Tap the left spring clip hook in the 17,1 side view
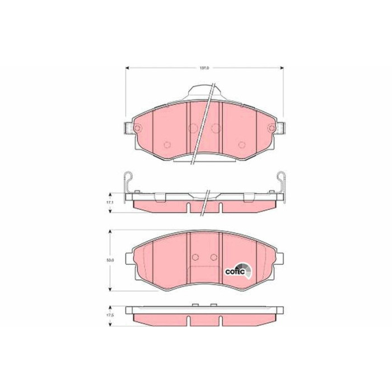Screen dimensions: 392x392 tap(128, 179)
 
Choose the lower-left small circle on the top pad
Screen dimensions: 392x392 tap(166, 145)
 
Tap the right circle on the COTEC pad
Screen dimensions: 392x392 tap(213, 258)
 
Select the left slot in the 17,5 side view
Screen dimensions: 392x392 tap(189, 321)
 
